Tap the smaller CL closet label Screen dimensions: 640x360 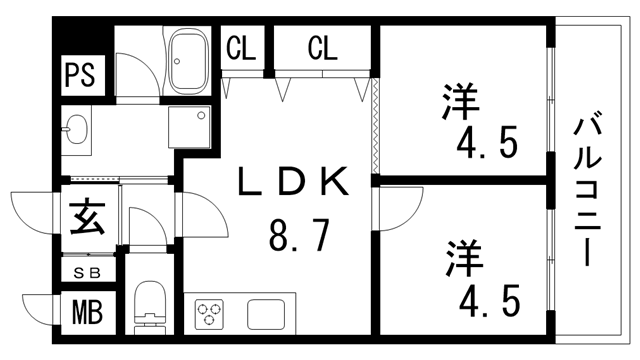240,46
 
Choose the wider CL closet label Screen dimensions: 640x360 322,46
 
